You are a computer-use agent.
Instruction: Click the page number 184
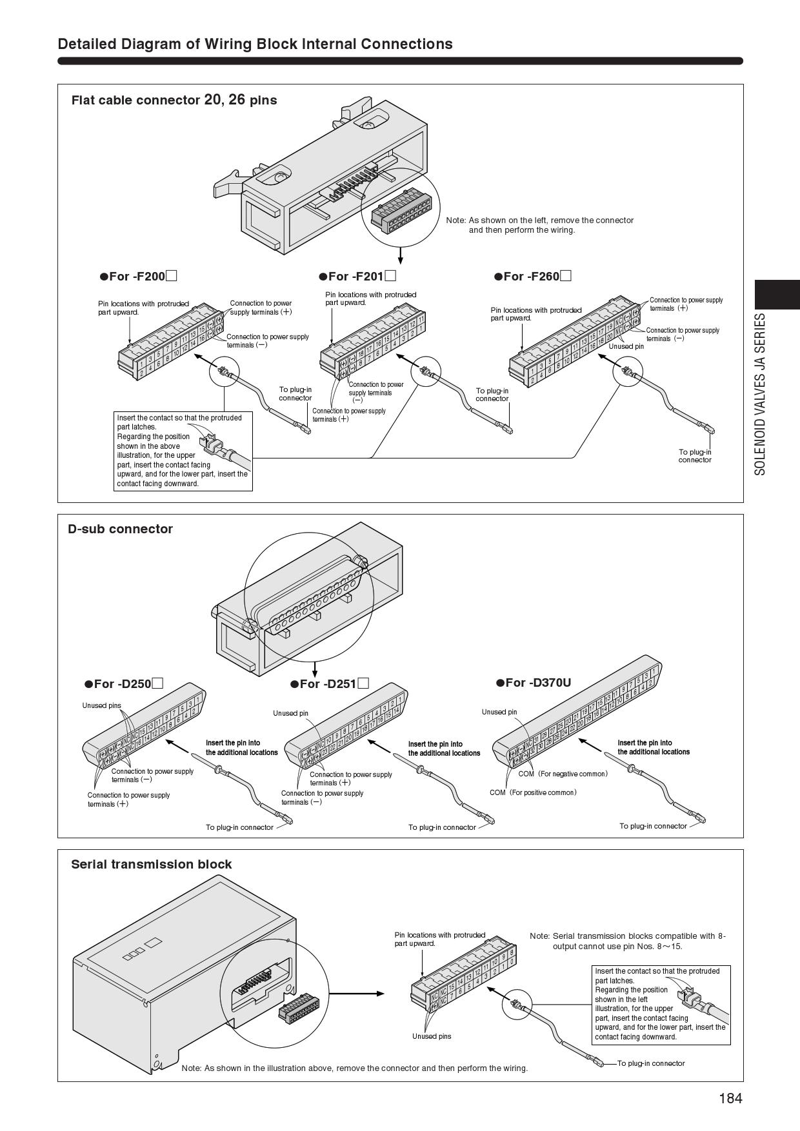pyautogui.click(x=730, y=1098)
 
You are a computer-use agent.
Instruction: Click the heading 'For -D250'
pyautogui.click(x=123, y=684)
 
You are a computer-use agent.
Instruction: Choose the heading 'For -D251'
pyautogui.click(x=329, y=684)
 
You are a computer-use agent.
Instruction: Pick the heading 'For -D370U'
pyautogui.click(x=534, y=682)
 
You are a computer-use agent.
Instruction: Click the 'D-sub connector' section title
pyautogui.click(x=121, y=529)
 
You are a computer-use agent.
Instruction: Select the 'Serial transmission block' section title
pyautogui.click(x=151, y=864)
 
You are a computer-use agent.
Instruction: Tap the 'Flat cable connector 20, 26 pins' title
pyautogui.click(x=174, y=100)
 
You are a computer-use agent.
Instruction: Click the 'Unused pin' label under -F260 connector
pyautogui.click(x=626, y=346)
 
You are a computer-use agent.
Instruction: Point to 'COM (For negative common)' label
pyautogui.click(x=563, y=774)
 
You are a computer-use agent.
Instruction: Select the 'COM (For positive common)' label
pyautogui.click(x=533, y=792)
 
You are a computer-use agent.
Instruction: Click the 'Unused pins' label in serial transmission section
pyautogui.click(x=432, y=1036)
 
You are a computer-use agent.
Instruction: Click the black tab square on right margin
pyautogui.click(x=777, y=295)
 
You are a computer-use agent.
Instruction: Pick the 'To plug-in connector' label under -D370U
pyautogui.click(x=653, y=826)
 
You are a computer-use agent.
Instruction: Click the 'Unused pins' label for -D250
pyautogui.click(x=101, y=705)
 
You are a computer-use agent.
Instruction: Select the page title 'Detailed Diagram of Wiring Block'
pyautogui.click(x=255, y=44)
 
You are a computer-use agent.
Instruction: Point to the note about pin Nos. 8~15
pyautogui.click(x=627, y=941)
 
